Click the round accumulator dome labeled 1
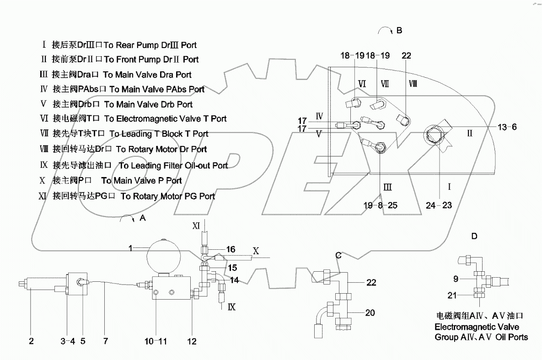click(163, 258)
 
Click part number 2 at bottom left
click(31, 341)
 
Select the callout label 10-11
click(156, 341)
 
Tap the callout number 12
click(192, 341)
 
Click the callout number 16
click(231, 249)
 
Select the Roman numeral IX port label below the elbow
click(231, 307)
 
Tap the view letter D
click(474, 236)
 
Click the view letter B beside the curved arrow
click(399, 31)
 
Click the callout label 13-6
click(508, 127)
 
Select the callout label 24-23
click(440, 205)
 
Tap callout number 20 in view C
click(370, 313)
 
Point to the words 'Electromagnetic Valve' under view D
click(477, 327)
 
